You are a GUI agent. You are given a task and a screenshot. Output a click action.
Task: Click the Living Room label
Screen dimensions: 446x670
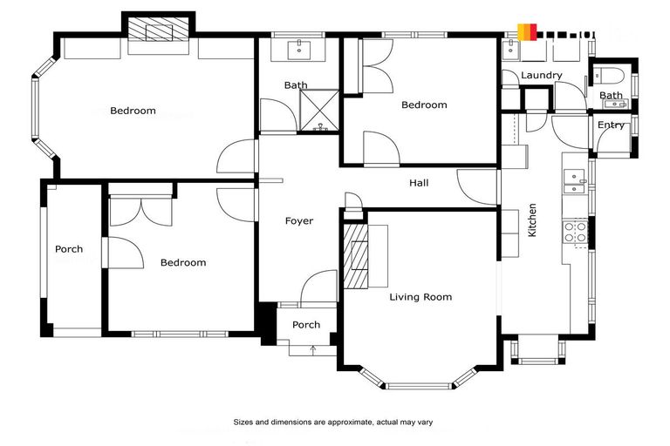click(x=420, y=297)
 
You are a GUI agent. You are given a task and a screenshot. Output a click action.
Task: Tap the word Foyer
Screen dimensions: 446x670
click(x=298, y=221)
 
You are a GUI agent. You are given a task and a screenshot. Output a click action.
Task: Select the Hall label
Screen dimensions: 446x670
click(x=419, y=184)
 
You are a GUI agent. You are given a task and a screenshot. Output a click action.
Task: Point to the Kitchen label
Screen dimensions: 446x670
click(x=532, y=220)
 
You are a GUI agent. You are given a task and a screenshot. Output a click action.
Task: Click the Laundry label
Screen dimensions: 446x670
click(x=541, y=76)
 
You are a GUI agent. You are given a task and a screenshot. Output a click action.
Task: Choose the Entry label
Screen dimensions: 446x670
click(x=611, y=125)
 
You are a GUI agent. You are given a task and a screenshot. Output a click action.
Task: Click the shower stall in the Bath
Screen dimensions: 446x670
click(x=318, y=109)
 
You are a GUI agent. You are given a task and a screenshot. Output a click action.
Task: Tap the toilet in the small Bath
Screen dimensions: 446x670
click(x=611, y=73)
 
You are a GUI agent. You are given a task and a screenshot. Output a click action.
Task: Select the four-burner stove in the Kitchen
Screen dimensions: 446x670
click(x=576, y=232)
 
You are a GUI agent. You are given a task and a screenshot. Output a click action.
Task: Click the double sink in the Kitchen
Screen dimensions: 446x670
click(x=574, y=180)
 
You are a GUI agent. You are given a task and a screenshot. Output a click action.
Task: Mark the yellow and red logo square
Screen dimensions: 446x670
click(x=526, y=32)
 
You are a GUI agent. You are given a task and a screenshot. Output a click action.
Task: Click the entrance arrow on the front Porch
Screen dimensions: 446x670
click(x=313, y=348)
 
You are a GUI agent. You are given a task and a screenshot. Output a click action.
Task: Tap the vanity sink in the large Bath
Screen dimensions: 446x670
click(x=301, y=48)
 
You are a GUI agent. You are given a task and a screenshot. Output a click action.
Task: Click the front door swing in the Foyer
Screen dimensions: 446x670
click(x=319, y=287)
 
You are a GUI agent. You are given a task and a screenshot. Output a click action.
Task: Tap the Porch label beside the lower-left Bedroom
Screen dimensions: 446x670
click(x=69, y=249)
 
